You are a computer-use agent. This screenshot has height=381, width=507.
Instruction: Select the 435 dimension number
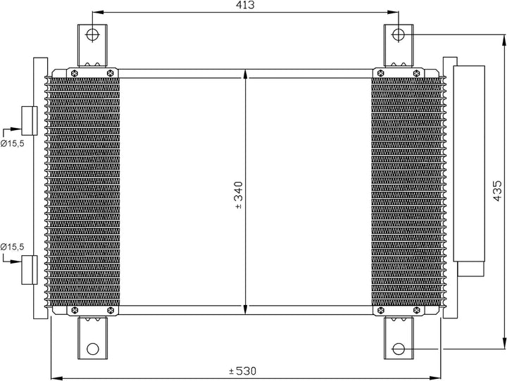(x=496, y=190)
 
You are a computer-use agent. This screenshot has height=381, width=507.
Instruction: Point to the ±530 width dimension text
(x=244, y=371)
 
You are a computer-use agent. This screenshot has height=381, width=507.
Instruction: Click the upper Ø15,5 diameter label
(x=13, y=143)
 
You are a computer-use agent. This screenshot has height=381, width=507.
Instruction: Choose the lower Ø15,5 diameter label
(x=13, y=247)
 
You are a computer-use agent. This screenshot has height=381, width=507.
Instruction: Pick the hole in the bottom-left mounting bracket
(x=91, y=348)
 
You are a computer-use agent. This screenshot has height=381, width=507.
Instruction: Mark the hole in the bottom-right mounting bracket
(x=398, y=348)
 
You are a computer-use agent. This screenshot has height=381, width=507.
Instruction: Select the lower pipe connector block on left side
(x=30, y=269)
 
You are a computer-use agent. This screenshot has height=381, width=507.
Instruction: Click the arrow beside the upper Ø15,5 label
(x=12, y=130)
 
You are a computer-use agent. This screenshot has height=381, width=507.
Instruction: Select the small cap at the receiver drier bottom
(x=470, y=269)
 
